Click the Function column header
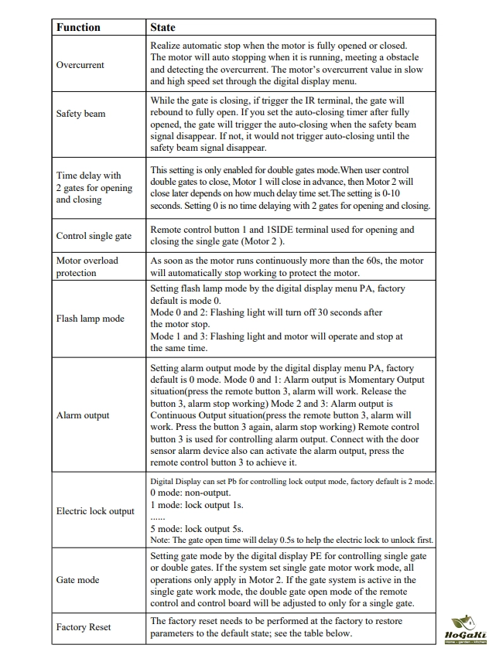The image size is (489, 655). tap(78, 27)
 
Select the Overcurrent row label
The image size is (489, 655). tap(80, 65)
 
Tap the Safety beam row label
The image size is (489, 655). tap(81, 114)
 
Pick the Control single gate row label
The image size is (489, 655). tap(94, 236)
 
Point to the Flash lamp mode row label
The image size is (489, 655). tap(90, 319)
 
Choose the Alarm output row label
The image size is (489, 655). tap(83, 415)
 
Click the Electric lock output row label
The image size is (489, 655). tap(95, 511)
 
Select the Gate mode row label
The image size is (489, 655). tap(77, 580)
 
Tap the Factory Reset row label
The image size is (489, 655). tap(84, 627)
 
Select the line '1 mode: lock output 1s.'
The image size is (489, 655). tap(197, 504)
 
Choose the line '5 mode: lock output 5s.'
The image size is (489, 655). tap(197, 528)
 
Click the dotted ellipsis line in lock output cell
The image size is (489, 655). tap(158, 517)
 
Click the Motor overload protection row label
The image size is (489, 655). tap(87, 267)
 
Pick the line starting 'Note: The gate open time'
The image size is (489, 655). tap(292, 540)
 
